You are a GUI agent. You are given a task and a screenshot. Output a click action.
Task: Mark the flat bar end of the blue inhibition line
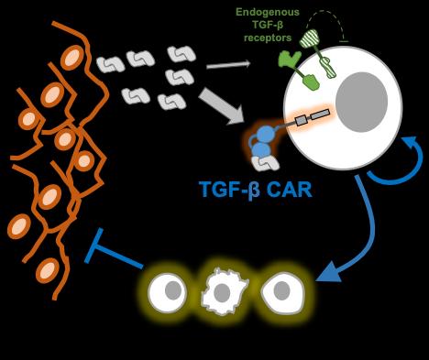(x=95, y=245)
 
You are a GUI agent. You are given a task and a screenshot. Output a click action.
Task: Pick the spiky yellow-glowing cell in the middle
(x=225, y=292)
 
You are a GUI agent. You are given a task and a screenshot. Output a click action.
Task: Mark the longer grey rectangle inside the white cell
(x=318, y=115)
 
